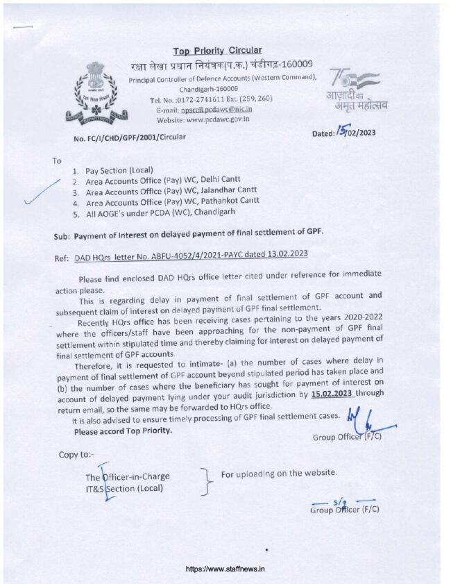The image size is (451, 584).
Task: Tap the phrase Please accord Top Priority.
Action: click(123, 431)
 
